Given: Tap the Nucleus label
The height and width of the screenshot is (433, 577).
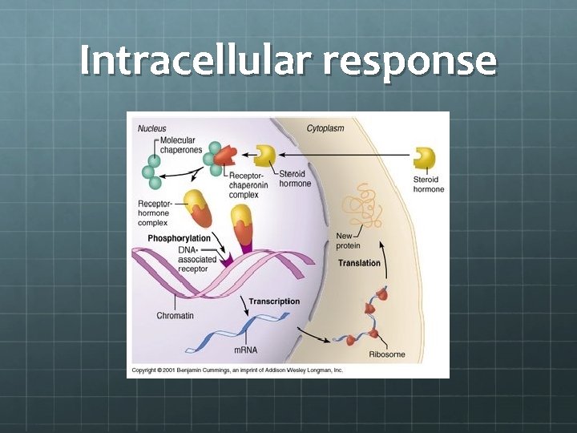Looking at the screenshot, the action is tap(152, 128).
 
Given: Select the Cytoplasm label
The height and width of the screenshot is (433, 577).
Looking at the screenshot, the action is tap(325, 128).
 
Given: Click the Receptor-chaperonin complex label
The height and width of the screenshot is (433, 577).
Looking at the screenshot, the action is tap(249, 185).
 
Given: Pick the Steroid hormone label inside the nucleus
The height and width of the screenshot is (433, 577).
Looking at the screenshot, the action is tap(295, 179).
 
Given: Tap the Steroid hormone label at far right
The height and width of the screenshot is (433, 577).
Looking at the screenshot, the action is tap(429, 184).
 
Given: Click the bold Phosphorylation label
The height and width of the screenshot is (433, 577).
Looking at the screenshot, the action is tap(179, 238).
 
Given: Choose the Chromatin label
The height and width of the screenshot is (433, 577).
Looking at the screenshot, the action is tap(175, 316).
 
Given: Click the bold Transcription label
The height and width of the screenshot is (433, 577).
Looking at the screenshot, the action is tap(274, 301).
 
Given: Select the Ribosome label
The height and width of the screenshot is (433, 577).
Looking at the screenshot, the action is tap(386, 354).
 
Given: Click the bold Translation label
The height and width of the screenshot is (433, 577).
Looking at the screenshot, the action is tap(359, 263).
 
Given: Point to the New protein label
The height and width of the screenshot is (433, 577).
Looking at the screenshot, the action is tap(345, 241).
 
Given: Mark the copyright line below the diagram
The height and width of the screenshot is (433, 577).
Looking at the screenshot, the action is tap(237, 370).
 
